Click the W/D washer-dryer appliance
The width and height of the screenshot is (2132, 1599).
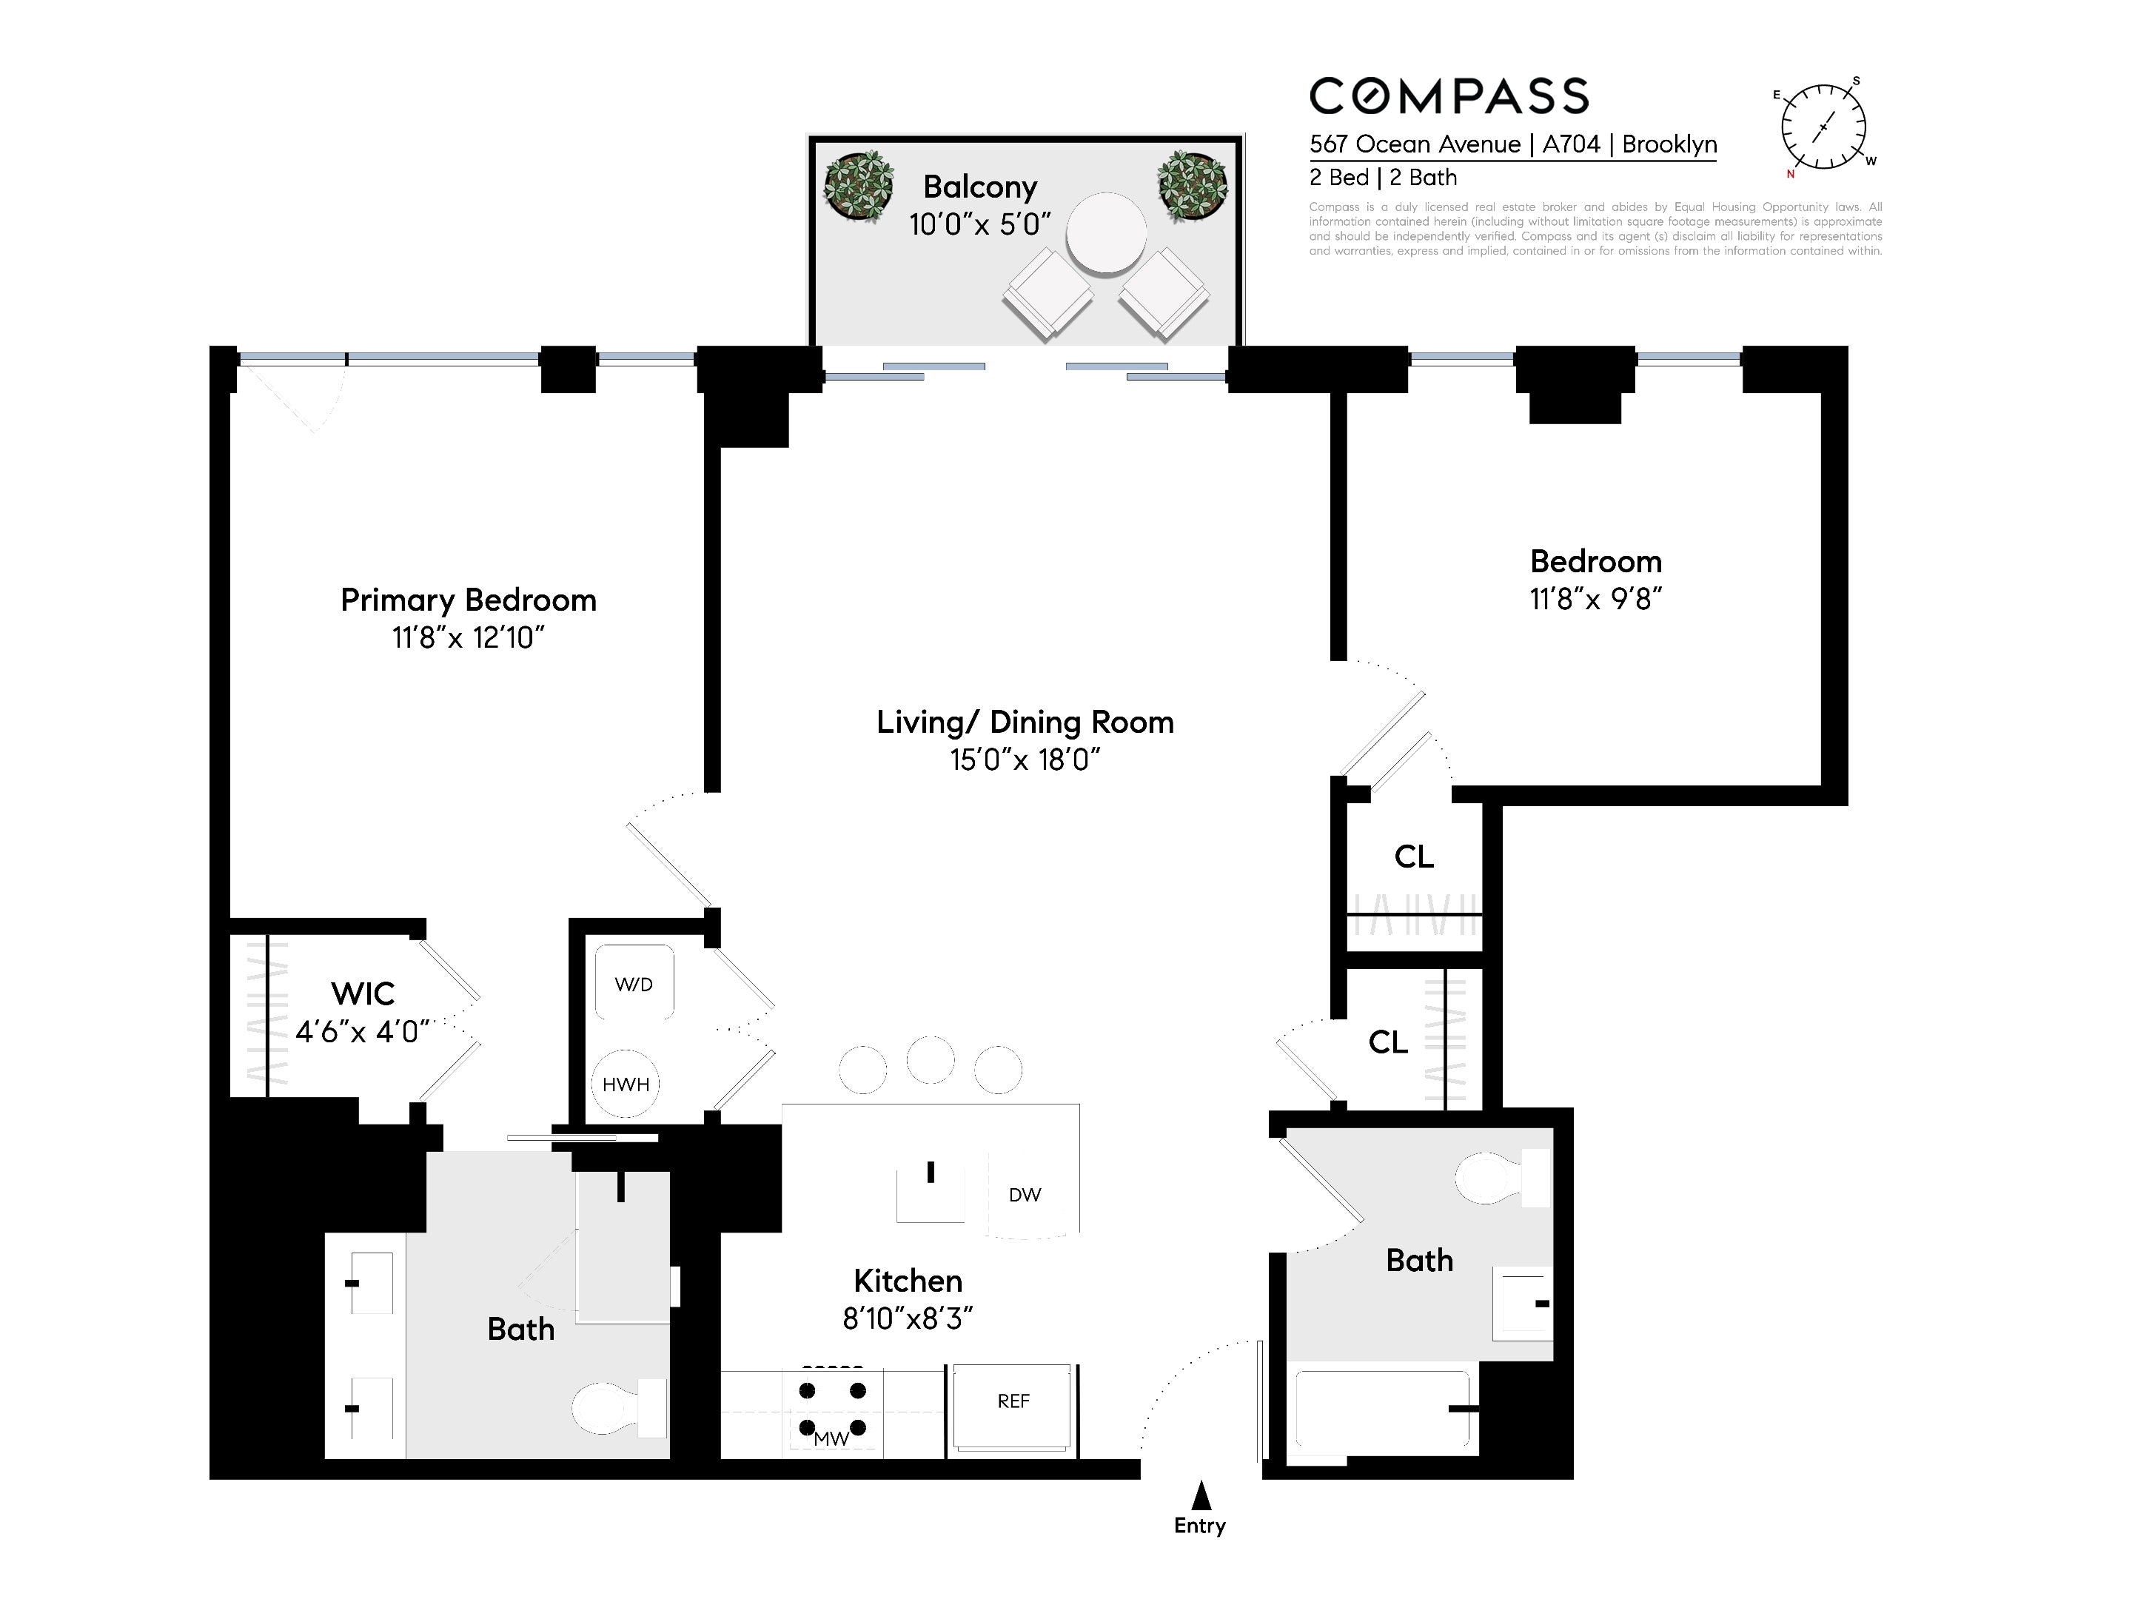634,982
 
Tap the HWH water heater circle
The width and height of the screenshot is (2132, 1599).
626,1083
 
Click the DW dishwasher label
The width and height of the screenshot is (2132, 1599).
1025,1195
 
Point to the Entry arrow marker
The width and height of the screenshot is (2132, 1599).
1200,1495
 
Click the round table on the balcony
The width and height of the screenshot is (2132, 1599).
1107,233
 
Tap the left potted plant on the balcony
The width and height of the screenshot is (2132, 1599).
858,186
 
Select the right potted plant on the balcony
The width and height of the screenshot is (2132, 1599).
1193,186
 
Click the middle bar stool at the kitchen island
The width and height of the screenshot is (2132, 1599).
930,1060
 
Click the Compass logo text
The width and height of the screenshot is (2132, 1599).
1449,96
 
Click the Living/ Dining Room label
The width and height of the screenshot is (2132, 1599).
1025,722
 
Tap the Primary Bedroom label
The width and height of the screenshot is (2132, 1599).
469,600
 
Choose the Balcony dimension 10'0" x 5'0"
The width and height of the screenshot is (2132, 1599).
979,224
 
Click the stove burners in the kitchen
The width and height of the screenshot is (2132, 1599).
833,1408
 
